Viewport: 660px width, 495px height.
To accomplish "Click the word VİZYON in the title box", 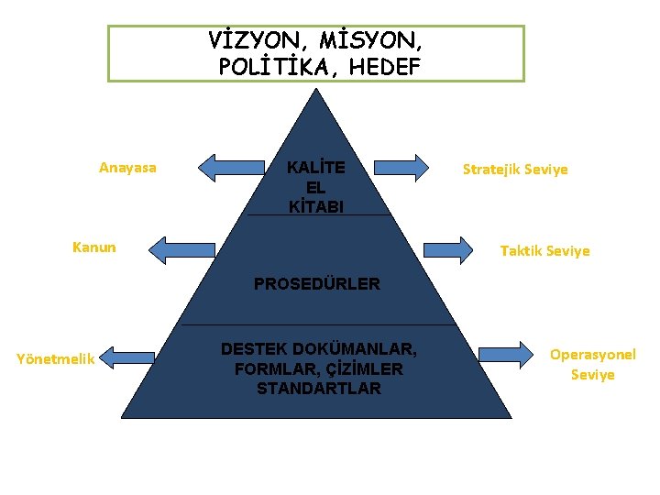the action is tap(249, 41).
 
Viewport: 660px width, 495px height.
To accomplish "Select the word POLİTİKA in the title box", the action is tap(269, 66).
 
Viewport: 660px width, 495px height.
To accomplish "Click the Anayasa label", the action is tap(127, 168).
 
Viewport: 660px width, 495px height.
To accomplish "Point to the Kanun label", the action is tap(94, 247).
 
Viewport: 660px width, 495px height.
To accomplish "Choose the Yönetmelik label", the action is tap(56, 359).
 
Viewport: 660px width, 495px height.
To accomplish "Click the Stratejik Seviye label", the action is tap(515, 170).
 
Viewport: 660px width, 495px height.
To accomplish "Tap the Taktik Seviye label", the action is tap(544, 250).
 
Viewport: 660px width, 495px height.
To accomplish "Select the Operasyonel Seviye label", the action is tap(592, 365).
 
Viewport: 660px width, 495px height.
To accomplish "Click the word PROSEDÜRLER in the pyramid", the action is tap(316, 284).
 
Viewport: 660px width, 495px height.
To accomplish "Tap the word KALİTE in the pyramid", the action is tap(316, 169).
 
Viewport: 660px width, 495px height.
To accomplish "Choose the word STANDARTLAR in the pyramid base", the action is tap(318, 389).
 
